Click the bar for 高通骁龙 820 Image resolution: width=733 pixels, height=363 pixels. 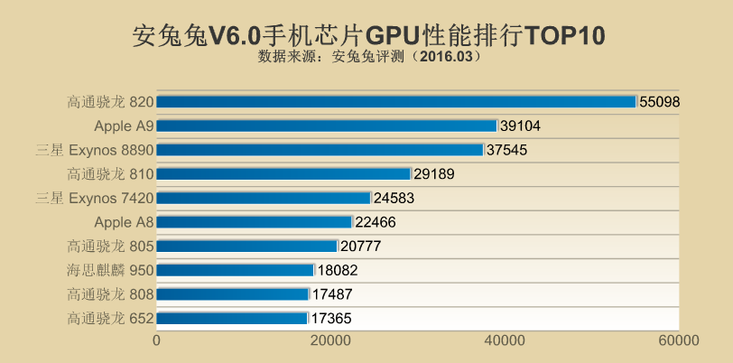(397, 102)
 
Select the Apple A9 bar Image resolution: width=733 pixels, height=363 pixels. (327, 126)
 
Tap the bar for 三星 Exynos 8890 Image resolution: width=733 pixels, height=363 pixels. (320, 150)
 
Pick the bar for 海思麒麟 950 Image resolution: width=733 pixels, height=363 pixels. (236, 269)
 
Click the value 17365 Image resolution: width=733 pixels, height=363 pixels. (331, 318)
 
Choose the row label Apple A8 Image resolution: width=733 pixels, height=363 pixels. (124, 221)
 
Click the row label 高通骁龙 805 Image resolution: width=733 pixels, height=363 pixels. (110, 246)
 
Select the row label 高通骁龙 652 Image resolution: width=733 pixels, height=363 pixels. (110, 318)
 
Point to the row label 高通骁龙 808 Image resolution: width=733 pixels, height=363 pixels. (110, 293)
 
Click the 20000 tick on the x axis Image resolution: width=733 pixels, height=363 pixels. (330, 340)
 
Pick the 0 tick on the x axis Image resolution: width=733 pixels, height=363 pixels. (157, 340)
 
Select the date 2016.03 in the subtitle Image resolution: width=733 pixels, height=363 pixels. (445, 56)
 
